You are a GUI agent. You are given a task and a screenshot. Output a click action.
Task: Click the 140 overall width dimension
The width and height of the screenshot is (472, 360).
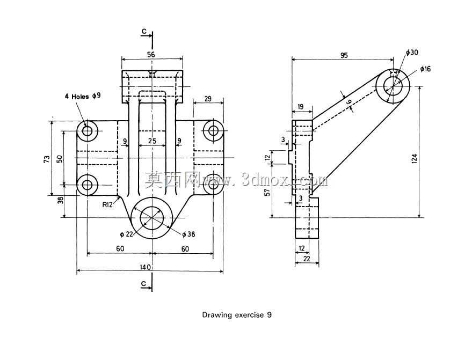(145, 267)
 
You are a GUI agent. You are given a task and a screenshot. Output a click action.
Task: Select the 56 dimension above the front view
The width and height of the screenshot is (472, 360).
(151, 54)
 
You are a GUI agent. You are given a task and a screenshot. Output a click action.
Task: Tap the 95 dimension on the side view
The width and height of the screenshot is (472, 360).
(344, 55)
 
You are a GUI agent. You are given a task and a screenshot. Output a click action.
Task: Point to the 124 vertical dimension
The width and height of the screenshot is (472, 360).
(415, 158)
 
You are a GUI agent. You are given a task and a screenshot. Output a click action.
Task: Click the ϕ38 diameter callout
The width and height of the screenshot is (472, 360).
(188, 234)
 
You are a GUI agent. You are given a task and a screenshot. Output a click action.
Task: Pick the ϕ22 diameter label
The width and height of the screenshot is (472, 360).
(126, 234)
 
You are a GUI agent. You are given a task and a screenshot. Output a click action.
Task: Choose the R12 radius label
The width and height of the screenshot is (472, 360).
(107, 205)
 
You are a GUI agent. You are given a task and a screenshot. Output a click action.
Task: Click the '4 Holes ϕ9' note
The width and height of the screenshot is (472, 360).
(83, 96)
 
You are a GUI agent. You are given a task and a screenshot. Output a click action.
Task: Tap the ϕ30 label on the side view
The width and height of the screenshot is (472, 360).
(412, 53)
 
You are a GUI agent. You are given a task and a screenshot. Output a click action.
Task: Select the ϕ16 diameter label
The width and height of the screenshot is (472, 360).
(425, 69)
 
